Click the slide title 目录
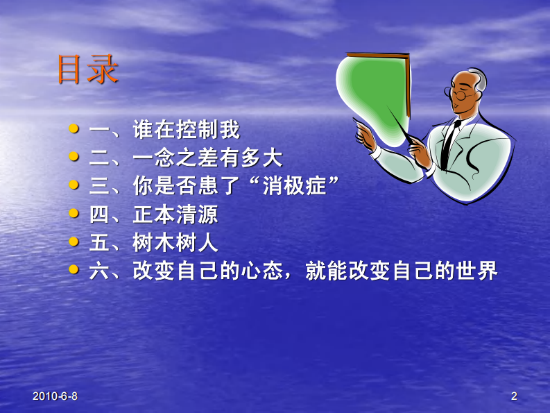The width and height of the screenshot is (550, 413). click(88, 70)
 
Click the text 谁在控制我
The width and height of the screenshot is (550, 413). click(187, 130)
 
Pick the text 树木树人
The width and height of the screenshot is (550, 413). click(175, 243)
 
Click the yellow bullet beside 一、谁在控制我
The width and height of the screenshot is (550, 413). click(74, 129)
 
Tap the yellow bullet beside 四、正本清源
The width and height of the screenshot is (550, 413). click(74, 214)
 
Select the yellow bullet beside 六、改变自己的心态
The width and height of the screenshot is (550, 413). click(74, 270)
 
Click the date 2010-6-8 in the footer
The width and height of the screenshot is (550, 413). click(55, 396)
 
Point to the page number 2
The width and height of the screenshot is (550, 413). click(514, 396)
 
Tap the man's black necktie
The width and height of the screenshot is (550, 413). click(449, 143)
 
